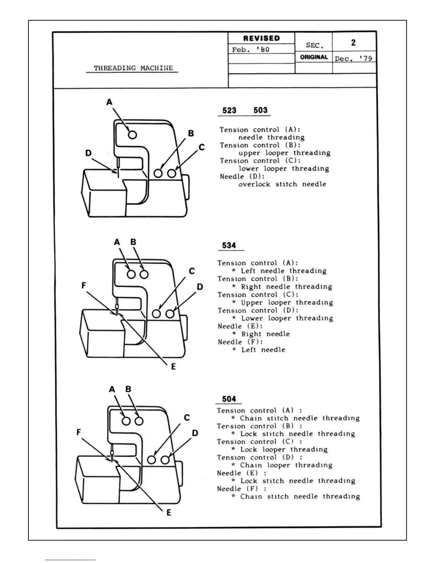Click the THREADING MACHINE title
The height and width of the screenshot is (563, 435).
(133, 68)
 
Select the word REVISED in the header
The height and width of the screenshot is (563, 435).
(261, 38)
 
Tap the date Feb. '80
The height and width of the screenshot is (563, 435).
(251, 50)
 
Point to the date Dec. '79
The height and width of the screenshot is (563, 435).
(353, 58)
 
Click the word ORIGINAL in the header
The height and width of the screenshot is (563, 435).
(314, 57)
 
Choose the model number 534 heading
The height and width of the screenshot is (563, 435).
(229, 246)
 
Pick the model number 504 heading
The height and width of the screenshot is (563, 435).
(229, 399)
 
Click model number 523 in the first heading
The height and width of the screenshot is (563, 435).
(229, 111)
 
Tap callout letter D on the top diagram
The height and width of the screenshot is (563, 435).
(88, 153)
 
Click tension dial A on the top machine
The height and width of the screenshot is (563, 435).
(133, 135)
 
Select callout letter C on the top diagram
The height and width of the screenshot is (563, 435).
(202, 147)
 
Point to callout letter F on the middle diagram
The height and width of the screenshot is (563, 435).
(84, 285)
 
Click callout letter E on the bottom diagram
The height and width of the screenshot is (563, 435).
(169, 513)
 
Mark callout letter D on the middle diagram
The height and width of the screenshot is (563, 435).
(200, 287)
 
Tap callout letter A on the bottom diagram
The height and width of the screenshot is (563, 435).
(112, 390)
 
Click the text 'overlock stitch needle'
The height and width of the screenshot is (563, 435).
(282, 184)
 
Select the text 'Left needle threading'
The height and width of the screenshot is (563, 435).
(284, 271)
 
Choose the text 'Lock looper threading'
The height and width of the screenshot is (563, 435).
(284, 450)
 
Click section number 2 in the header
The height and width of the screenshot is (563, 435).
(353, 43)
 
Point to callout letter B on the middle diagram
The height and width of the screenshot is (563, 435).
(133, 242)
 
